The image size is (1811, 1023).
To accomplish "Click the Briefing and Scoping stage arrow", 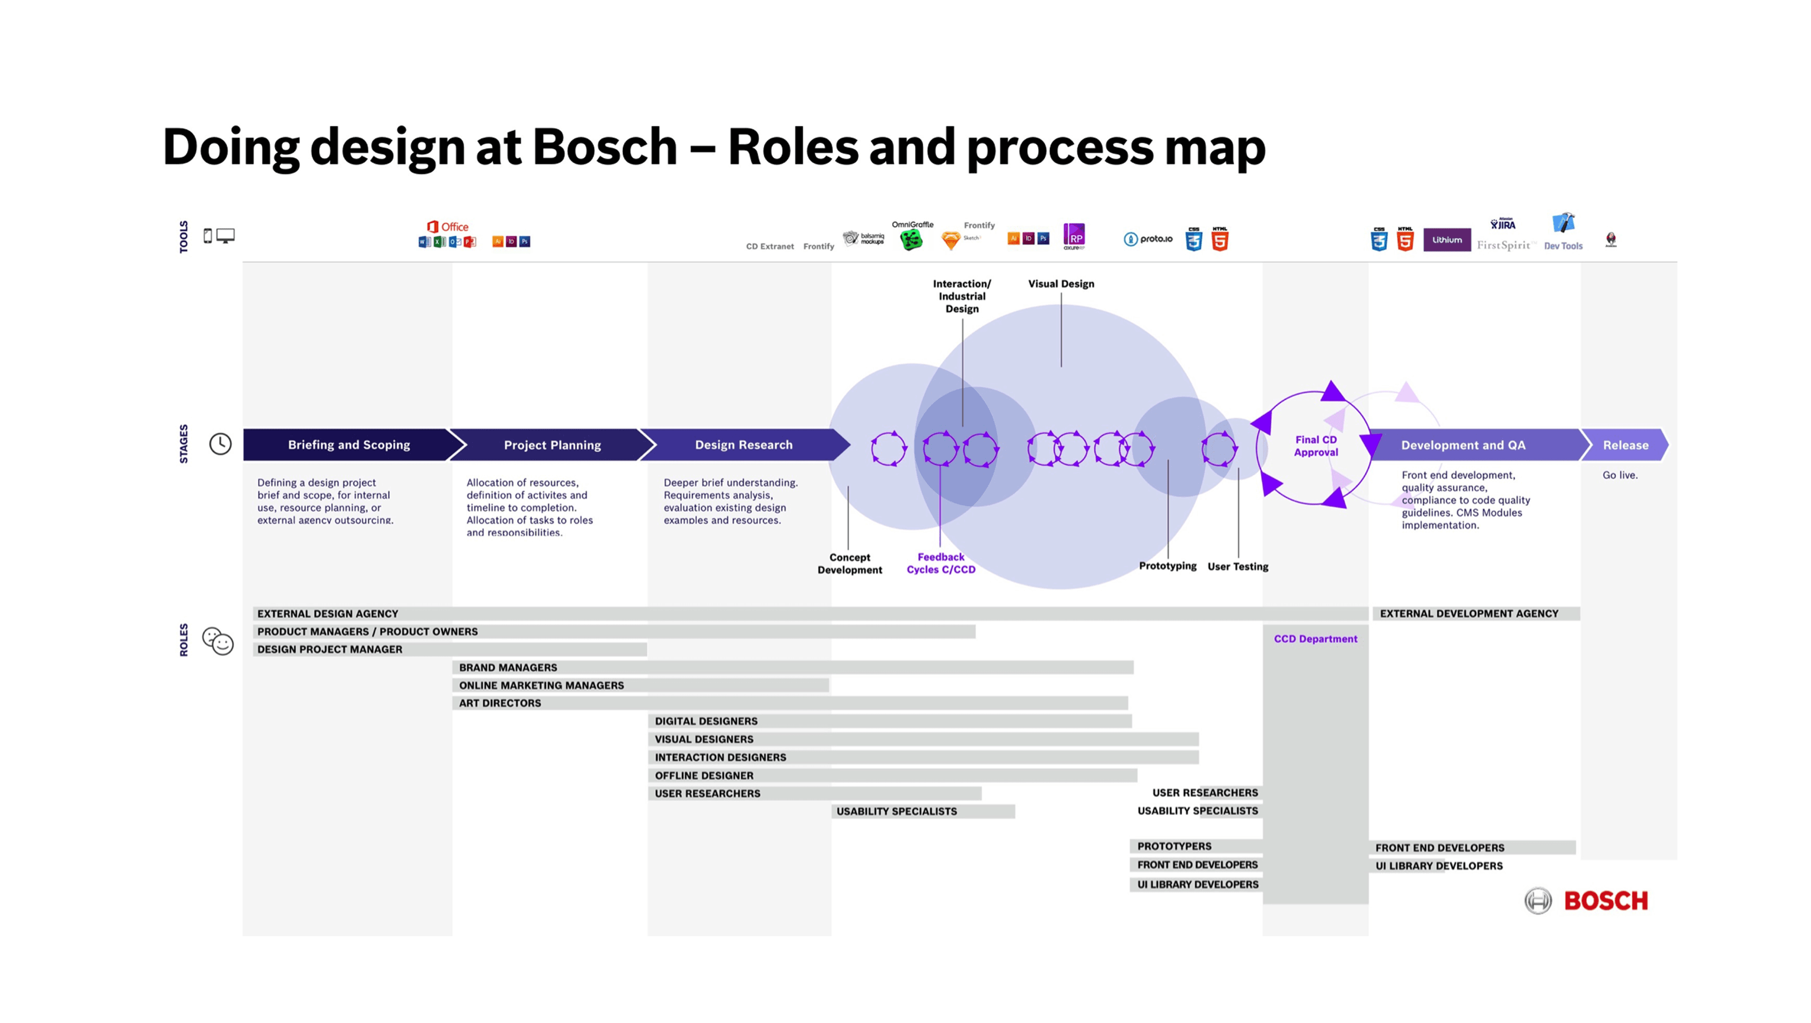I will tap(349, 445).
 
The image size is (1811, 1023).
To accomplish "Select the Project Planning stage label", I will tap(552, 445).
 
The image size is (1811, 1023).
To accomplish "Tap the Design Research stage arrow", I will tap(743, 445).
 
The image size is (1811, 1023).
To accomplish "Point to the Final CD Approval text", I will tap(1315, 446).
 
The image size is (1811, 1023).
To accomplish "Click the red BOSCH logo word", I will tap(1606, 901).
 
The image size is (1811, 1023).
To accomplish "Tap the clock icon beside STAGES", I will tap(220, 444).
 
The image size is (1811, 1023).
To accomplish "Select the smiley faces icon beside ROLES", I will tap(218, 640).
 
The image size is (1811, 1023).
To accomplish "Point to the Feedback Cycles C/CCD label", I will tap(941, 563).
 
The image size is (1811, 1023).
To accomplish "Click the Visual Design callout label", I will tap(1061, 284).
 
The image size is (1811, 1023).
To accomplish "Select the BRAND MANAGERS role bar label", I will tap(508, 667).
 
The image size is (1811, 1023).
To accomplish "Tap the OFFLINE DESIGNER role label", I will tap(704, 775).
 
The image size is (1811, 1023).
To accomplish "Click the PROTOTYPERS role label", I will tap(1174, 846).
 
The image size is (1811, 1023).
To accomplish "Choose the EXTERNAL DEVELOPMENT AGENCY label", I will tap(1468, 614).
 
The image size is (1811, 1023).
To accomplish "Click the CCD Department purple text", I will tap(1315, 638).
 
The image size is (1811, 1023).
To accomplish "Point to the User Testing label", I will tap(1238, 567).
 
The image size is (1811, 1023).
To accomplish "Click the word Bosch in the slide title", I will tap(604, 147).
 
